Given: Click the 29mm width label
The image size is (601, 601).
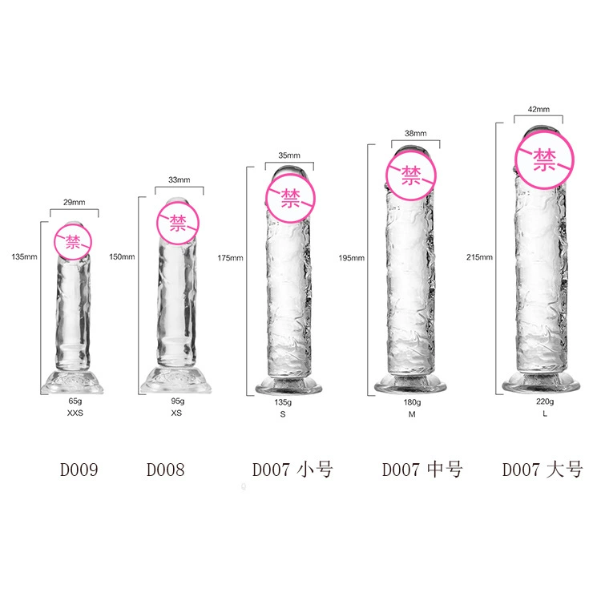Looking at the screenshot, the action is tap(74, 202).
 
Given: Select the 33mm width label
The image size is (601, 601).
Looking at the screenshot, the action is tap(179, 179).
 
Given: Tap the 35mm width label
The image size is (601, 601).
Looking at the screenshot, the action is tap(289, 155).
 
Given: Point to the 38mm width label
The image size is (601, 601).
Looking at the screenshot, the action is tap(415, 133).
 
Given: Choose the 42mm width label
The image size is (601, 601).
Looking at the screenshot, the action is tap(538, 109).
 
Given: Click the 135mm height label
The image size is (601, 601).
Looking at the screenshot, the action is tap(24, 256).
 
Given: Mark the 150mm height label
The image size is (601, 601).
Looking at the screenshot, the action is tap(122, 256).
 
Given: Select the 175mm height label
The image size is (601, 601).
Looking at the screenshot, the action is tap(230, 258).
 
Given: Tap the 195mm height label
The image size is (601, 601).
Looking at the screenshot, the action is tap(352, 258).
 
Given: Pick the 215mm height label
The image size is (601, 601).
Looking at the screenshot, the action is tap(479, 257).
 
